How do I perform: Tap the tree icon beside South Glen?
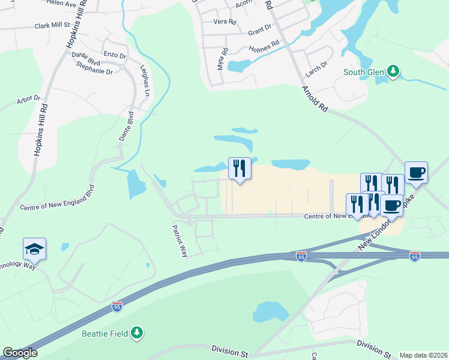tap(393, 72)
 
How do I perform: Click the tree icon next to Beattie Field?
tap(137, 332)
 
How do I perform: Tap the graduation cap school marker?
tap(34, 249)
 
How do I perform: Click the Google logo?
tap(20, 353)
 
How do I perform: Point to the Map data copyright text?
tap(423, 355)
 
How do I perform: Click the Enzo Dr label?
tap(114, 55)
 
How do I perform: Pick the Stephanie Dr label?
tap(94, 71)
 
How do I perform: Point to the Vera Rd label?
tap(225, 22)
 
